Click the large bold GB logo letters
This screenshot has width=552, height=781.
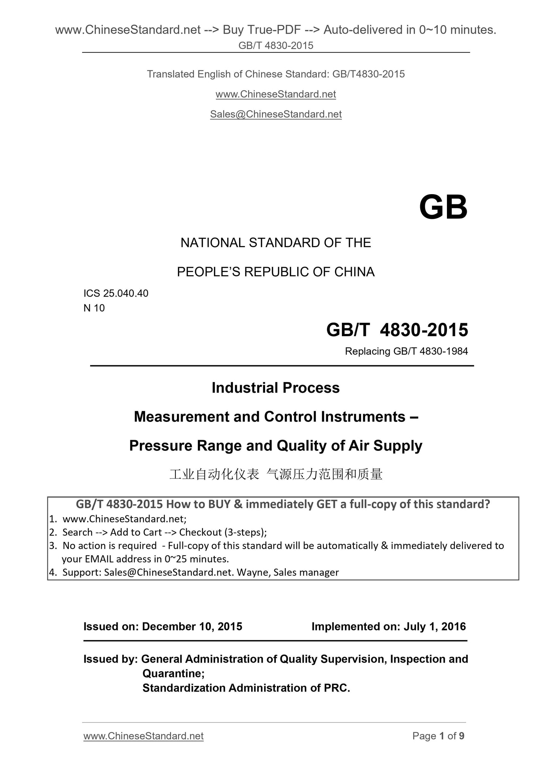pyautogui.click(x=443, y=207)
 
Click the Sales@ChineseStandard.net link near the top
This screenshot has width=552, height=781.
pyautogui.click(x=276, y=114)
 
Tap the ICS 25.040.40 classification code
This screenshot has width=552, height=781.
pyautogui.click(x=116, y=293)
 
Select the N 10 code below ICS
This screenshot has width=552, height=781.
pyautogui.click(x=94, y=308)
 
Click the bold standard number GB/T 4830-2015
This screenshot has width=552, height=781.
pyautogui.click(x=397, y=330)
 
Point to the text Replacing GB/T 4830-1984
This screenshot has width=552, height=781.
pyautogui.click(x=406, y=351)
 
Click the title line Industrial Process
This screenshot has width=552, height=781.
pyautogui.click(x=276, y=388)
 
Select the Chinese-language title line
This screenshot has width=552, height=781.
pyautogui.click(x=276, y=475)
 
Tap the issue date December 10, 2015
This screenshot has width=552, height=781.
pyautogui.click(x=192, y=627)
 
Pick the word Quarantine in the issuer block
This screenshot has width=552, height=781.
pyautogui.click(x=173, y=673)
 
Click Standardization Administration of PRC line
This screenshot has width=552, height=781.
pyautogui.click(x=246, y=688)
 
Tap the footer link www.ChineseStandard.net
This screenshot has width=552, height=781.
pyautogui.click(x=143, y=736)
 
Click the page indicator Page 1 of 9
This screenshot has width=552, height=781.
pyautogui.click(x=438, y=736)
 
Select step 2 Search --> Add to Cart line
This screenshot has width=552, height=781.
pyautogui.click(x=164, y=532)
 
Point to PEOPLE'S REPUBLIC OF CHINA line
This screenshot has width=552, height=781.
pyautogui.click(x=276, y=272)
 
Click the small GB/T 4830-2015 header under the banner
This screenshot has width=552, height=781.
pyautogui.click(x=276, y=45)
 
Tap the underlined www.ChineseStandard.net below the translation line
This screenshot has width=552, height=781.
pyautogui.click(x=276, y=94)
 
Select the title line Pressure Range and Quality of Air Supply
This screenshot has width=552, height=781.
pyautogui.click(x=276, y=446)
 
